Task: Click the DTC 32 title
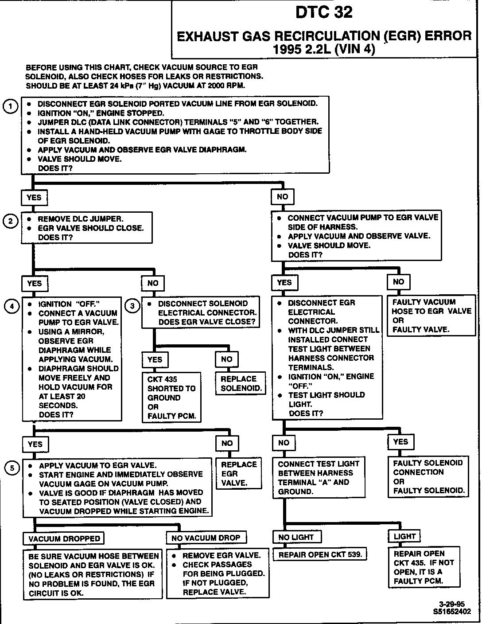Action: pyautogui.click(x=324, y=12)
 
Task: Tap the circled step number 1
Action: pyautogui.click(x=10, y=106)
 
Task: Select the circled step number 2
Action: pyautogui.click(x=10, y=221)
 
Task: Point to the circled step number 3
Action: pyautogui.click(x=132, y=305)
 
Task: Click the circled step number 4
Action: pyautogui.click(x=12, y=306)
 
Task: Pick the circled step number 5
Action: pyautogui.click(x=12, y=468)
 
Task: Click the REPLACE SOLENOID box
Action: pyautogui.click(x=241, y=383)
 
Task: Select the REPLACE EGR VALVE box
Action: pyautogui.click(x=239, y=474)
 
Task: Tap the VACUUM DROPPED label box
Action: pyautogui.click(x=64, y=538)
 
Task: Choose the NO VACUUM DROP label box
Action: pyautogui.click(x=206, y=538)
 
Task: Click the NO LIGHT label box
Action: pyautogui.click(x=296, y=537)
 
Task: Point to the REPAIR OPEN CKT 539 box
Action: pyautogui.click(x=320, y=554)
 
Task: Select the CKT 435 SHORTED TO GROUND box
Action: pyautogui.click(x=171, y=398)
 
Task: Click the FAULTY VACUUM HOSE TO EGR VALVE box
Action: pyautogui.click(x=431, y=316)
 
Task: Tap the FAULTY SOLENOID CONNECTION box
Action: pyautogui.click(x=428, y=476)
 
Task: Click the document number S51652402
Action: pyautogui.click(x=450, y=612)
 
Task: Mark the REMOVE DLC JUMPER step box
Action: pyautogui.click(x=87, y=228)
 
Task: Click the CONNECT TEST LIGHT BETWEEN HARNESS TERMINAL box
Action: pyautogui.click(x=319, y=477)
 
